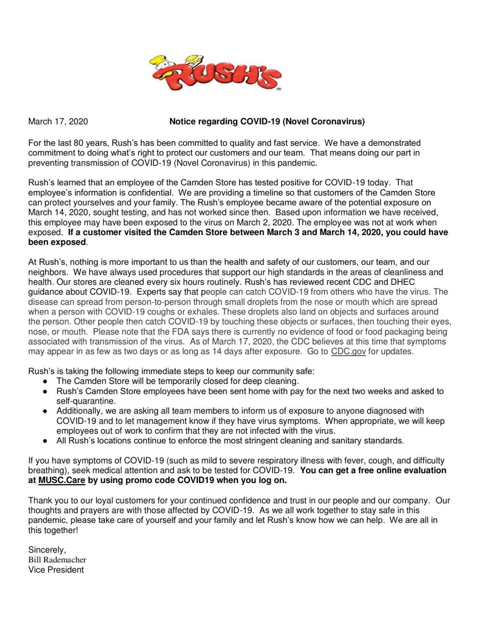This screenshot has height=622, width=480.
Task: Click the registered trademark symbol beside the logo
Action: coord(278,89)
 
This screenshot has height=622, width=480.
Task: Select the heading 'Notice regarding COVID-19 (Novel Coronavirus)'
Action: coord(267,121)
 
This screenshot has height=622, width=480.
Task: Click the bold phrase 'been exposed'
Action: coord(57,242)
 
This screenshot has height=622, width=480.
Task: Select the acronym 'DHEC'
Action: coord(400,282)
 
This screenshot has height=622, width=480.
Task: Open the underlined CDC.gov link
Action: coord(348,351)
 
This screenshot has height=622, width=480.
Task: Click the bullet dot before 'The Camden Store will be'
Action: coord(46,381)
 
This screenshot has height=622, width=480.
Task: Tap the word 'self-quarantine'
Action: coord(86,401)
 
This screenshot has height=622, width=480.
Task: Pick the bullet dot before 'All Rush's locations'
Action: coord(46,441)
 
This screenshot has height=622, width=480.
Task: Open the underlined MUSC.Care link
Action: coord(62,480)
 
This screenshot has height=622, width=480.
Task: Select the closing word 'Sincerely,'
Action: coord(47,550)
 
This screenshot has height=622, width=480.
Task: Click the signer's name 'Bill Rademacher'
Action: coord(57,560)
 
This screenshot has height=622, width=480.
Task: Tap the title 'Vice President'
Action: coord(56,570)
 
